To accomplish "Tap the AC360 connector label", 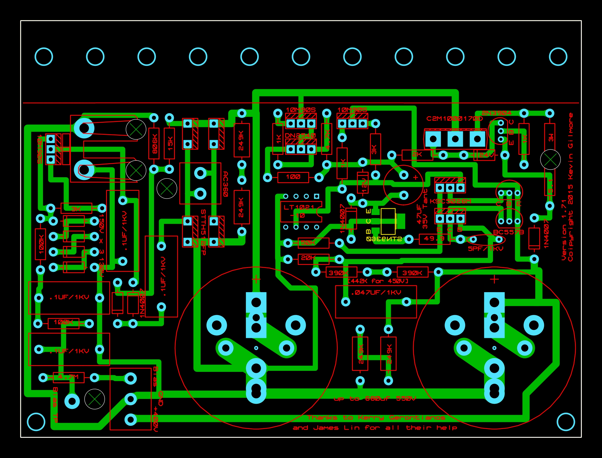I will click(x=226, y=184).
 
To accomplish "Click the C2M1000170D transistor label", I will click(x=454, y=119).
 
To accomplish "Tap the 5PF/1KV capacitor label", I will click(x=486, y=249).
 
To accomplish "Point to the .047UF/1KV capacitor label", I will click(x=376, y=293).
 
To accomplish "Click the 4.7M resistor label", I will click(x=68, y=377).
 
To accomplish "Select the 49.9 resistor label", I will click(x=434, y=239).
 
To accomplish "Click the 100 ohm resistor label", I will click(x=293, y=177).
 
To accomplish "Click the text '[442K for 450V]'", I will click(x=378, y=281).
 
